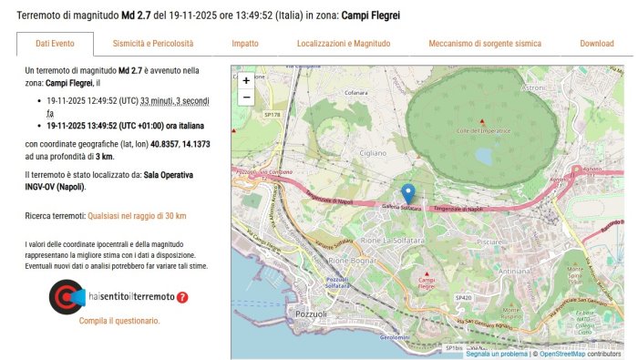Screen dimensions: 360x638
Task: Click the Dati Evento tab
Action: (55, 44)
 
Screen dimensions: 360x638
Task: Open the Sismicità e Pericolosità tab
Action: (153, 44)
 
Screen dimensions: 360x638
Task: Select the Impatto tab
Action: (244, 44)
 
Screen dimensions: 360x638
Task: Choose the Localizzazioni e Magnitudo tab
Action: (344, 44)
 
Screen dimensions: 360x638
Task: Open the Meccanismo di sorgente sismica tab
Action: (485, 44)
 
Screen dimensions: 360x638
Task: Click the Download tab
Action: (597, 44)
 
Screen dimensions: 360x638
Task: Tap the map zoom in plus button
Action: (246, 80)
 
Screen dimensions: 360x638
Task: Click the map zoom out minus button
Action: (246, 97)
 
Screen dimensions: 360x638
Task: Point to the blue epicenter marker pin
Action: (408, 193)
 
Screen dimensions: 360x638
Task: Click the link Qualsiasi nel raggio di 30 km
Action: (137, 216)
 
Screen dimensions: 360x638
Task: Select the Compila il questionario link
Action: (119, 321)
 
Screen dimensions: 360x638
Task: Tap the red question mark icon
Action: (182, 297)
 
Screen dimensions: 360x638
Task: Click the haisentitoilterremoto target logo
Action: (67, 297)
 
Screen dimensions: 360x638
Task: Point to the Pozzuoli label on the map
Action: (312, 314)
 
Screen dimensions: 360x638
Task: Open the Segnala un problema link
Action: (496, 354)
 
